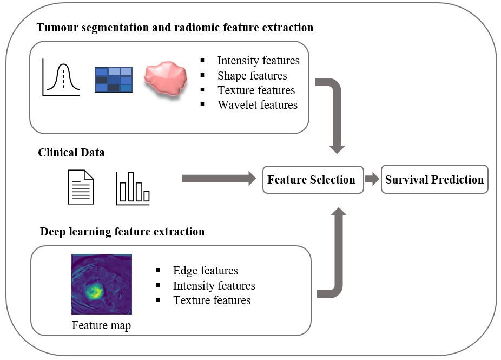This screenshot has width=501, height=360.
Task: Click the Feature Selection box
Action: tap(313, 180)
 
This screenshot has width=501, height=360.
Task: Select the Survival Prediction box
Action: tap(434, 179)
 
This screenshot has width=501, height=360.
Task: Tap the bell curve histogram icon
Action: tap(61, 77)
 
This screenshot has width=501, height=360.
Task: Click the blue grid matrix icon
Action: tap(114, 80)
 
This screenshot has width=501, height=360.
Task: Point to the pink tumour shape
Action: tap(166, 78)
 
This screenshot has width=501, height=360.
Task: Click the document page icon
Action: tap(81, 187)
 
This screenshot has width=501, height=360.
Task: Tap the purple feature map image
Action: tap(102, 284)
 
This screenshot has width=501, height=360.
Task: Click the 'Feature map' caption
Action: tap(101, 325)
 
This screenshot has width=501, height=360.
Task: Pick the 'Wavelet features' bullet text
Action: tap(258, 105)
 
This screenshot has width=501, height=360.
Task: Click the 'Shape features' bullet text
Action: tap(252, 76)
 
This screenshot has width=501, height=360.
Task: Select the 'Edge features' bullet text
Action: tap(206, 271)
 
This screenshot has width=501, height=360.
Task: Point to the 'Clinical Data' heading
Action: tap(71, 153)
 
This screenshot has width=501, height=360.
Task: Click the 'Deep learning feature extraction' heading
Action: tap(122, 232)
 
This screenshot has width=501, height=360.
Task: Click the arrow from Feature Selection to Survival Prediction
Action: tap(372, 179)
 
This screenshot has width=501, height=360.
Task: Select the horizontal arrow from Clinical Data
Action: tap(219, 179)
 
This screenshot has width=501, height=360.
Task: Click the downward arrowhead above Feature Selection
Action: tap(337, 149)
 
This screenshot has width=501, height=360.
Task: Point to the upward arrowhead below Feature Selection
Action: tap(339, 211)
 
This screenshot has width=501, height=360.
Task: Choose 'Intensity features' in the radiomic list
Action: tap(259, 61)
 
